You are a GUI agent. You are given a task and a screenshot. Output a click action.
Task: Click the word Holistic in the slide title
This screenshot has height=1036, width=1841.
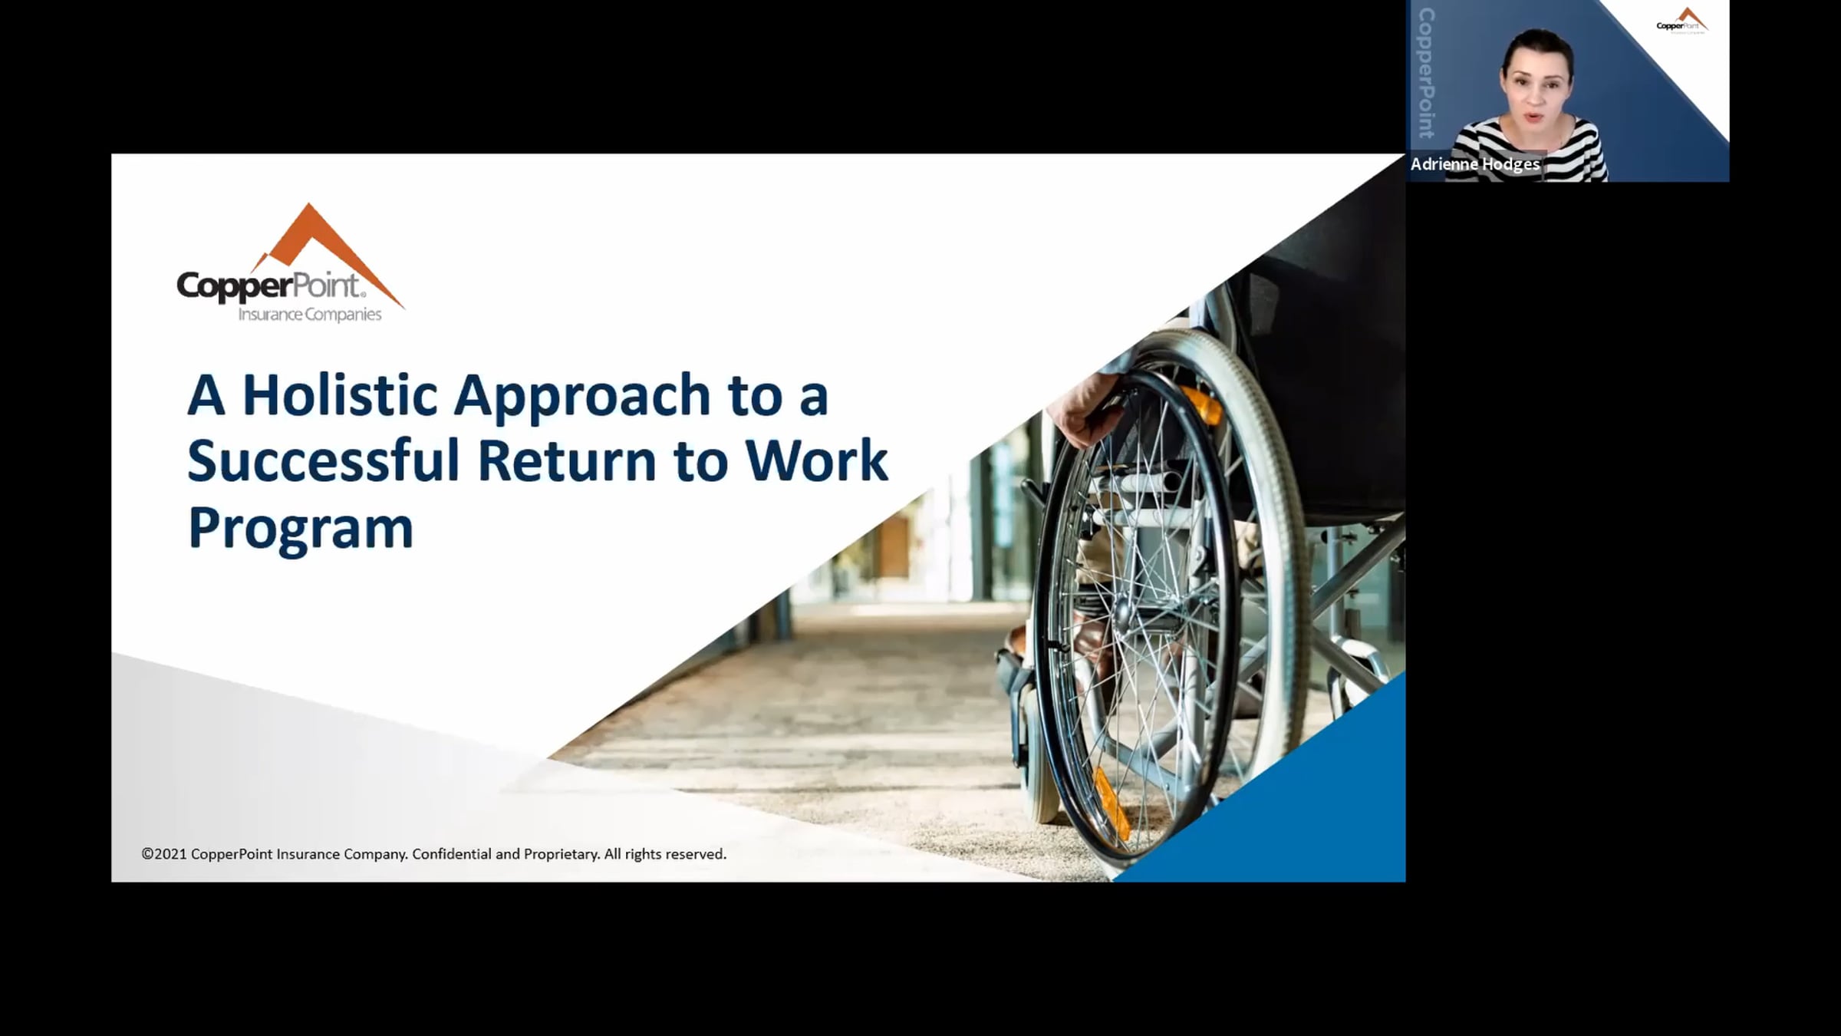pyautogui.click(x=341, y=395)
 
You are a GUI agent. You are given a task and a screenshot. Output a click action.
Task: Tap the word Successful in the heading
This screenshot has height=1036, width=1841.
pyautogui.click(x=324, y=460)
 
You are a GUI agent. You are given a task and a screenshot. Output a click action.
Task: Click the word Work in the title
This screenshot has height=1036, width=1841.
pyautogui.click(x=816, y=461)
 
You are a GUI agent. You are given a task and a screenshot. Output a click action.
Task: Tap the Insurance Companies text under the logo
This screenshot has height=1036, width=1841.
pyautogui.click(x=310, y=315)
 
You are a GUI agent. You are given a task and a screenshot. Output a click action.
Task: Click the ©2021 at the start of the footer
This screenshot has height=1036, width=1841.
pyautogui.click(x=164, y=854)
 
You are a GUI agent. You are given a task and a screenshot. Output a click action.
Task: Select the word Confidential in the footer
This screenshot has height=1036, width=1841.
pyautogui.click(x=453, y=854)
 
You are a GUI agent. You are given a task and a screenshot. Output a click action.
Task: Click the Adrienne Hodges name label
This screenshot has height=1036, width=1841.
pyautogui.click(x=1475, y=164)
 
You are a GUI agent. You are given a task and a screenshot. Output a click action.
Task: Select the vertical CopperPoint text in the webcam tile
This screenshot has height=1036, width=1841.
pyautogui.click(x=1427, y=73)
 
